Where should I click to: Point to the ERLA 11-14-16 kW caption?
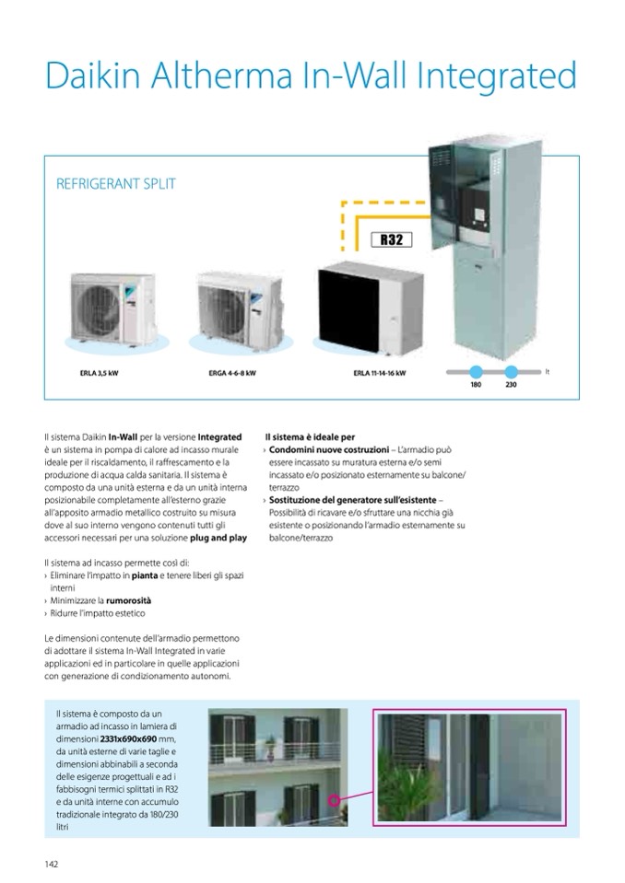point(379,375)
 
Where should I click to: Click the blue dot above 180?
point(477,372)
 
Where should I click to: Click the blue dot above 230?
point(511,372)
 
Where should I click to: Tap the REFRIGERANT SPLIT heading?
point(116,183)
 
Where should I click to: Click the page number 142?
point(53,863)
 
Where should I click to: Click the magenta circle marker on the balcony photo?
point(334,801)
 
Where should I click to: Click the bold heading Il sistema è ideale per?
point(310,436)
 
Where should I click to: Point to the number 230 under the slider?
point(511,384)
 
